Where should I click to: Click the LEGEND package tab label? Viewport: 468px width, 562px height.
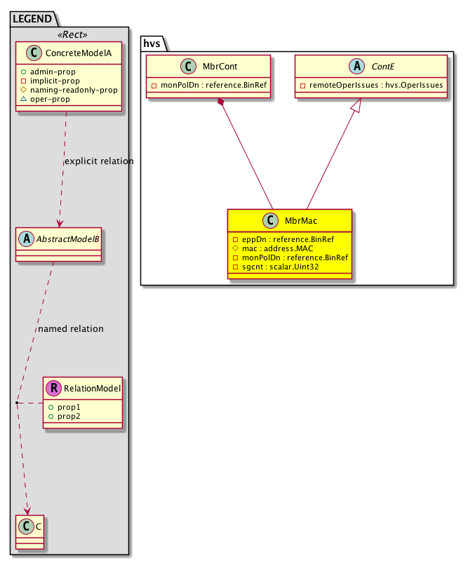pos(32,19)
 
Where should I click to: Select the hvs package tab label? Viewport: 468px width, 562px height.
pos(152,44)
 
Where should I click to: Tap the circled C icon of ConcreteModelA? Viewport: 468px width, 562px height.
pos(34,53)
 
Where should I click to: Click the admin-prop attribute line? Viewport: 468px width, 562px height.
pos(48,72)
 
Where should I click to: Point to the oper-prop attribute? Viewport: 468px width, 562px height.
pos(45,99)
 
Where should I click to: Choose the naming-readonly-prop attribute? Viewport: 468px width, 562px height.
pos(69,90)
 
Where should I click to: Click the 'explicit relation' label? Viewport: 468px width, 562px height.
pos(99,161)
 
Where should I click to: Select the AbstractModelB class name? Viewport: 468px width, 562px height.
pos(68,239)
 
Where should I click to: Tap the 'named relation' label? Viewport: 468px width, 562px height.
pos(71,328)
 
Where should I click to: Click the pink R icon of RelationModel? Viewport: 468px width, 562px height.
pos(54,388)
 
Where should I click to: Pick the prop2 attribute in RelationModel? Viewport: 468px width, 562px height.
pos(65,416)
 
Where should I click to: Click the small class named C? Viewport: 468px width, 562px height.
pos(29,532)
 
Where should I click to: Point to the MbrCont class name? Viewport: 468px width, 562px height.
pos(220,67)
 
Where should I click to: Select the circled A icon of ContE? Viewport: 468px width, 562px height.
pos(357,66)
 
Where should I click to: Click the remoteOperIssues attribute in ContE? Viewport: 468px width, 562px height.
pos(372,85)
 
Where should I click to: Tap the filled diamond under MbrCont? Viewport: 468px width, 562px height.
pos(221,102)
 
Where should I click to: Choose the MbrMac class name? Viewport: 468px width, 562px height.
pos(301,221)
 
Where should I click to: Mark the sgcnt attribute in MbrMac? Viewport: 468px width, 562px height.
pos(276,267)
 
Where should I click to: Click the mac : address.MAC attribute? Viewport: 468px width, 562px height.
pos(273,248)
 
